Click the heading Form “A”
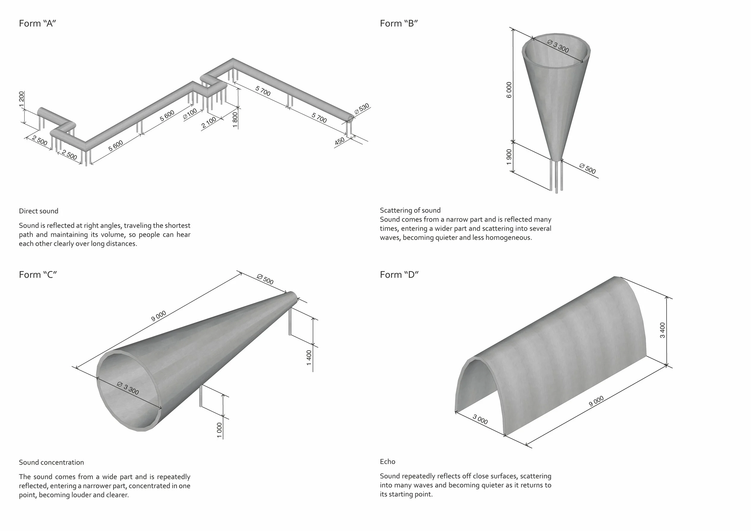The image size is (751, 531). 38,23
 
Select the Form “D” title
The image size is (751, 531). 399,275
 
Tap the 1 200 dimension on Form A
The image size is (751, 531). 22,99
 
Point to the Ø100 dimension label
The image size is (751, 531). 190,113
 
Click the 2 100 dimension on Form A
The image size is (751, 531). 209,122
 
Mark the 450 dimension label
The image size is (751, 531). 340,141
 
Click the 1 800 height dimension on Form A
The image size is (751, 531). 235,120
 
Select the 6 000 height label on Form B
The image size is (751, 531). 509,90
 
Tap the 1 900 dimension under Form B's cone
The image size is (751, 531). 509,157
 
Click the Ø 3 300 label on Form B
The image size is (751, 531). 558,46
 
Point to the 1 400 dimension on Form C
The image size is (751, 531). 309,358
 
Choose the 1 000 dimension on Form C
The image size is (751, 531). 220,430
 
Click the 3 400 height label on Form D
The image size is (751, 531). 662,330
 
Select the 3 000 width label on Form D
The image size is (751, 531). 480,420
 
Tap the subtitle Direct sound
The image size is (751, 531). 38,211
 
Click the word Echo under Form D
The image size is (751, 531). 388,462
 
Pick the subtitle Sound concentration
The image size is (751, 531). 51,462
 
